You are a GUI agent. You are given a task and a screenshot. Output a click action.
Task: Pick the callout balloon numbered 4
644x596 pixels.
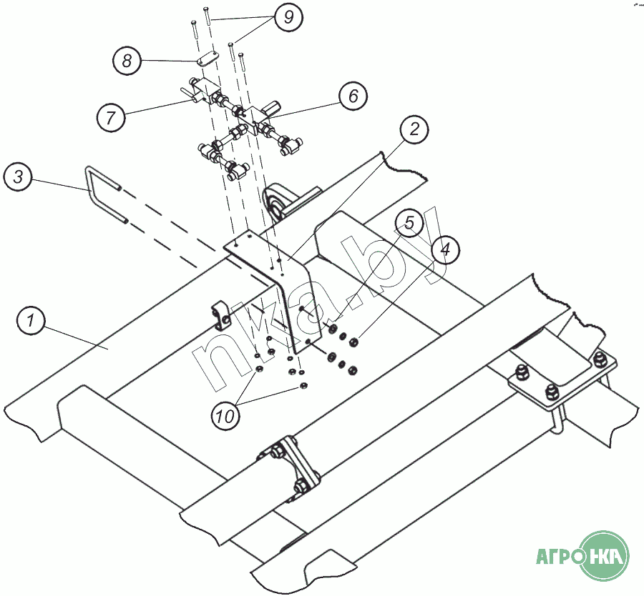445,249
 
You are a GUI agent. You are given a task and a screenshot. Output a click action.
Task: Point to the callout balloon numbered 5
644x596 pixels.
409,224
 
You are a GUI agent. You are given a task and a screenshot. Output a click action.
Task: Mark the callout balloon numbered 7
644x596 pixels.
111,116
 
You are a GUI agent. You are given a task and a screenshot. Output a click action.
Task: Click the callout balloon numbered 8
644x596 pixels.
127,61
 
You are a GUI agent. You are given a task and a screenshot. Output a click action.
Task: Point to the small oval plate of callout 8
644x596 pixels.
204,61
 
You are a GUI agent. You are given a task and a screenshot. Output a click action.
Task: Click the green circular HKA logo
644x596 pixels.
605,555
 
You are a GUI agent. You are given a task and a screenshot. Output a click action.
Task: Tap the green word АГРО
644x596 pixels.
558,556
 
